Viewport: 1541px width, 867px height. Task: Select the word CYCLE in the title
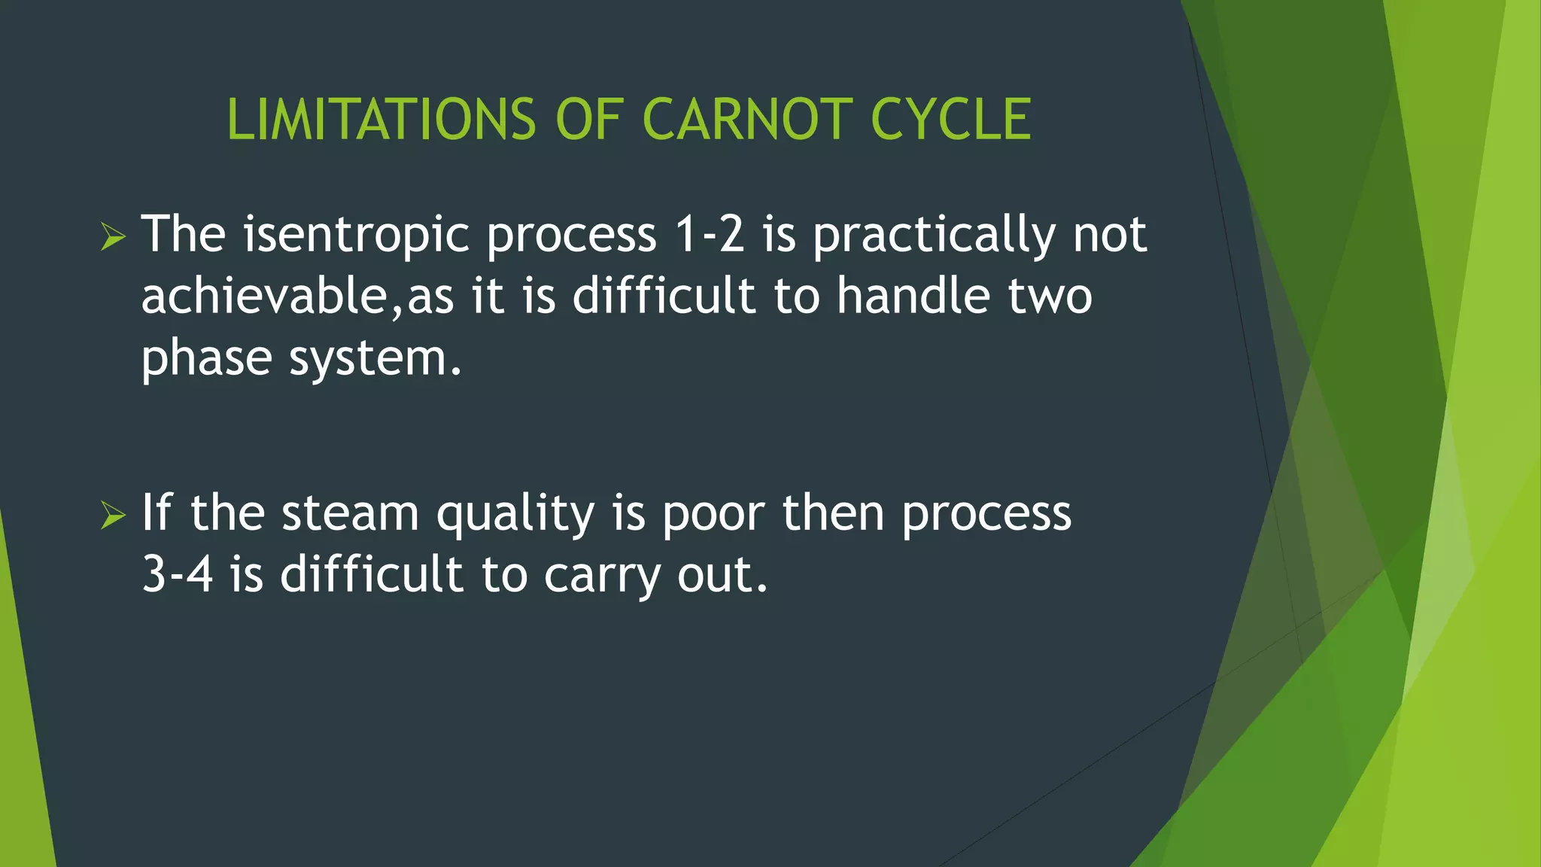pyautogui.click(x=950, y=120)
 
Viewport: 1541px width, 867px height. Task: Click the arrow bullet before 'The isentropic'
pyautogui.click(x=113, y=237)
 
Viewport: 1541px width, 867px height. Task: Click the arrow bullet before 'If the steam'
pyautogui.click(x=113, y=516)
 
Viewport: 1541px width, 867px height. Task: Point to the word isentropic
pyautogui.click(x=356, y=235)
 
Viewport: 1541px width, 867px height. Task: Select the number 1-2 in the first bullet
pyautogui.click(x=710, y=235)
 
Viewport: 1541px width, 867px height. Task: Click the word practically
pyautogui.click(x=933, y=235)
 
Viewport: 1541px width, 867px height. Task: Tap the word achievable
pyautogui.click(x=263, y=296)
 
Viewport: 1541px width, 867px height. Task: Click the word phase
pyautogui.click(x=207, y=358)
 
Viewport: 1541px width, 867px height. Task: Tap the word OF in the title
pyautogui.click(x=589, y=120)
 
